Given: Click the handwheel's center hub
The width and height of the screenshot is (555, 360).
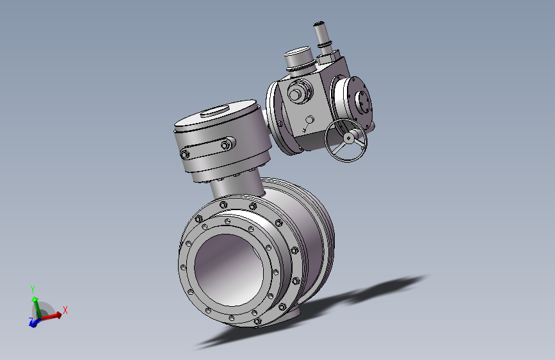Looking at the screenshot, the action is coord(348,138).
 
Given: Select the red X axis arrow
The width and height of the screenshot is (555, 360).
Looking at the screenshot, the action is coord(51,316).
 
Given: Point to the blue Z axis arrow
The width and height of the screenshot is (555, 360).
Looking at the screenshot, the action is coord(34,322).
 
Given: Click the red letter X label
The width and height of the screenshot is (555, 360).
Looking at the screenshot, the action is coord(65,311).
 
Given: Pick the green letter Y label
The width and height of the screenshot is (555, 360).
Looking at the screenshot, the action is coord(33,290).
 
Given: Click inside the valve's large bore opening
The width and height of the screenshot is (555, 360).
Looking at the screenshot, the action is coord(229,270).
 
